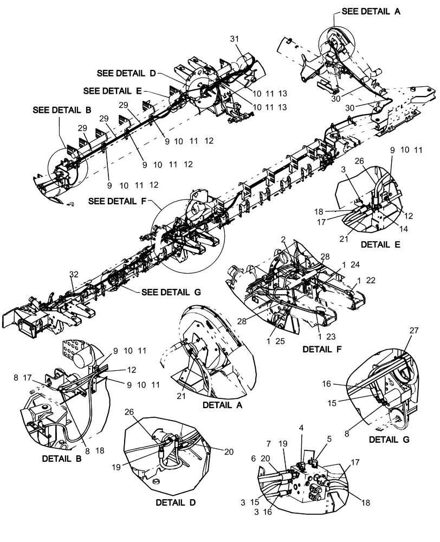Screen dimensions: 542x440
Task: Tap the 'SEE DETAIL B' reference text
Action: pyautogui.click(x=61, y=109)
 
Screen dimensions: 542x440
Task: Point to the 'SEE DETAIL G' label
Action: pyautogui.click(x=171, y=292)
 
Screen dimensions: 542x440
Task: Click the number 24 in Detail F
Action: pyautogui.click(x=354, y=265)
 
